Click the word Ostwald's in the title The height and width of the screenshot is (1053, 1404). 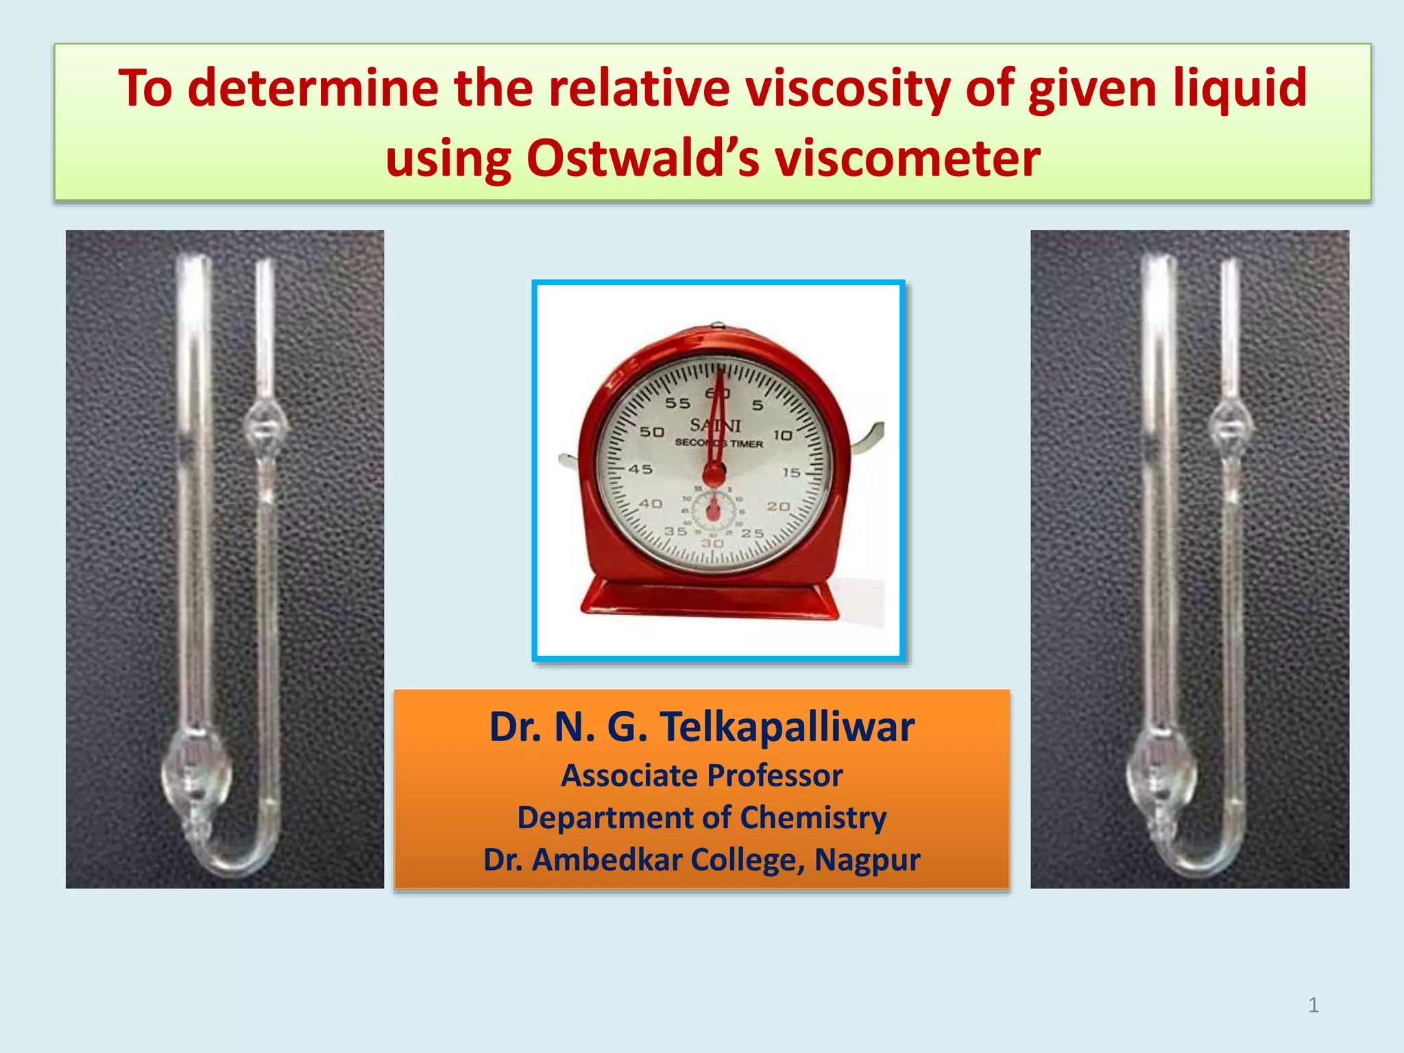click(642, 159)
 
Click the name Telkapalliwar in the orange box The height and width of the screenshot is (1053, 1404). click(787, 727)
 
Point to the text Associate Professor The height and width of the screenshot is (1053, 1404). click(701, 776)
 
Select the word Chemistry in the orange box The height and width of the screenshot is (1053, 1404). click(813, 818)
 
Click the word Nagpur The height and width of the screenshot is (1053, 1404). click(867, 860)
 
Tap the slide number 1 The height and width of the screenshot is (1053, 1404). click(1313, 1005)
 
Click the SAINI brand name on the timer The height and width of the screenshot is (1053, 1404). click(715, 425)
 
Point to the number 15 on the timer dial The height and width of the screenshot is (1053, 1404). click(791, 472)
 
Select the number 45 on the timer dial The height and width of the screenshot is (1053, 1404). click(640, 470)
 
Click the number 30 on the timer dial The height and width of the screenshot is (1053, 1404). click(712, 544)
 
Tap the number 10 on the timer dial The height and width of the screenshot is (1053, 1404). click(782, 435)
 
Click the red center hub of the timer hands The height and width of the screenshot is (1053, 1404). click(714, 474)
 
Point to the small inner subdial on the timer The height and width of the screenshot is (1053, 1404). click(713, 511)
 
